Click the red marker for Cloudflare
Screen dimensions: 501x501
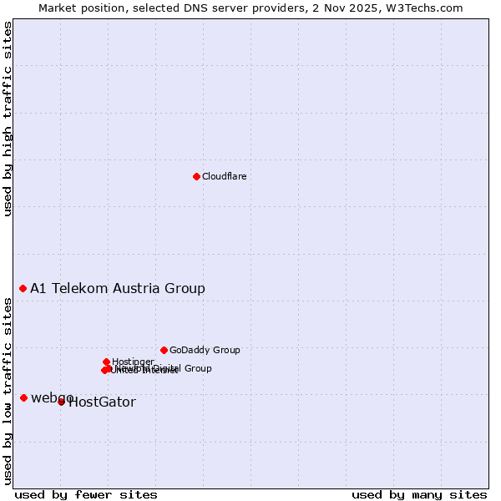[196, 176]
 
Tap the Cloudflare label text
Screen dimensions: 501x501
[224, 176]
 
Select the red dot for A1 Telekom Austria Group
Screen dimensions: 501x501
[23, 288]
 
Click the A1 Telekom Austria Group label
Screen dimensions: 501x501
[118, 289]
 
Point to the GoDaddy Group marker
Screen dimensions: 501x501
[164, 350]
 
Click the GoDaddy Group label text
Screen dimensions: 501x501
[205, 351]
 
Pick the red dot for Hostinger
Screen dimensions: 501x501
[106, 362]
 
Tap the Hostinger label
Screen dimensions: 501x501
[133, 362]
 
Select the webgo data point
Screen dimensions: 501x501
[23, 397]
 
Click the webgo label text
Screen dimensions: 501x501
[52, 397]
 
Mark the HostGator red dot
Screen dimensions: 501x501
[61, 402]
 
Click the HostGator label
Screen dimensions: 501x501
[102, 402]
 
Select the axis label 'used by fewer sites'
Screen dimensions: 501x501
[86, 495]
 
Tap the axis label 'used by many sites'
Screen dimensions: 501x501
[419, 495]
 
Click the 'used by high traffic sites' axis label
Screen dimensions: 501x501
[8, 119]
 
